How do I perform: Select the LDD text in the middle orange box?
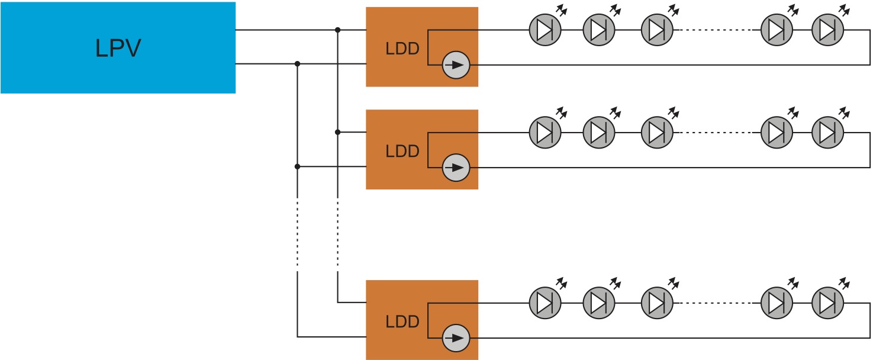point(402,152)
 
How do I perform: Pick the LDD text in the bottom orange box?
point(402,322)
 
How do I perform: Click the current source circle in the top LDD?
point(456,65)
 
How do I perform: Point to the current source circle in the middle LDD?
point(456,168)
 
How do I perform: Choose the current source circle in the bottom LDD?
point(456,338)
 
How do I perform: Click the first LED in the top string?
point(545,30)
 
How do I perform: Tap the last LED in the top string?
point(827,30)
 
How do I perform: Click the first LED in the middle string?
point(545,133)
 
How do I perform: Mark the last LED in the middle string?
point(827,133)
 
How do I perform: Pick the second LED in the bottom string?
point(599,303)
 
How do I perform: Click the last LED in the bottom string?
point(827,303)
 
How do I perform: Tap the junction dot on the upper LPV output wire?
point(337,30)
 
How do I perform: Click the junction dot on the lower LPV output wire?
point(297,63)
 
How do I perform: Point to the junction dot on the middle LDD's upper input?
point(337,132)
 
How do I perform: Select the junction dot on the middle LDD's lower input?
point(297,167)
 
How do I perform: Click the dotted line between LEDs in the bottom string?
point(716,303)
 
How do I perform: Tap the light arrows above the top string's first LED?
point(560,10)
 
